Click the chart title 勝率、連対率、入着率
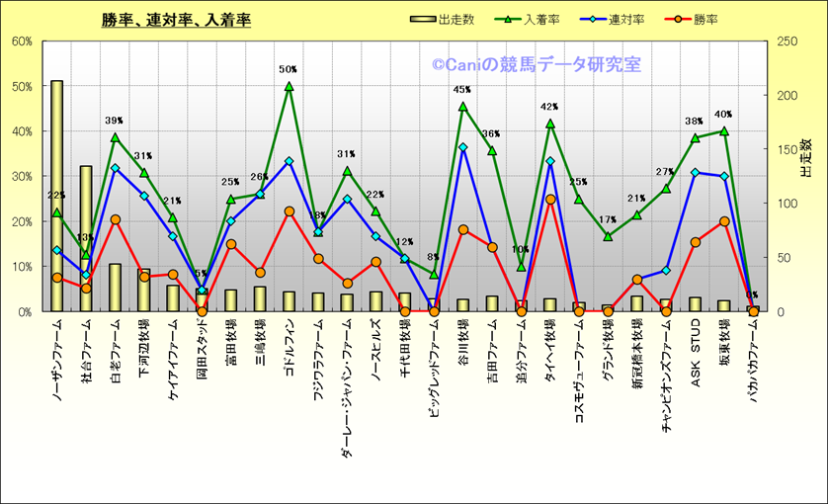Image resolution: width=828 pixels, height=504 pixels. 176,20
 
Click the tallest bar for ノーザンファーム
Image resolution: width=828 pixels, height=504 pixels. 57,198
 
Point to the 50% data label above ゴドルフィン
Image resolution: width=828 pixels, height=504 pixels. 289,70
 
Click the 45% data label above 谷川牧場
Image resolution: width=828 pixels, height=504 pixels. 462,90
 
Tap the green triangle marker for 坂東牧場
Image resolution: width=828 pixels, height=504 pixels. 724,130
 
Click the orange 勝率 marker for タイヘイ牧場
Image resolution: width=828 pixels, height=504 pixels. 550,200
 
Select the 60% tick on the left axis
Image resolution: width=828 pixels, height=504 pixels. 22,42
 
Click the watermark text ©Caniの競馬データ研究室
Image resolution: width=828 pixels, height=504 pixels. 537,65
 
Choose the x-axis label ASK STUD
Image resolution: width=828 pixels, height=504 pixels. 696,347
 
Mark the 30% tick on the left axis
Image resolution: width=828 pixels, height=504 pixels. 22,177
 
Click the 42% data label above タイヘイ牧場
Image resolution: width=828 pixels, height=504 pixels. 550,107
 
